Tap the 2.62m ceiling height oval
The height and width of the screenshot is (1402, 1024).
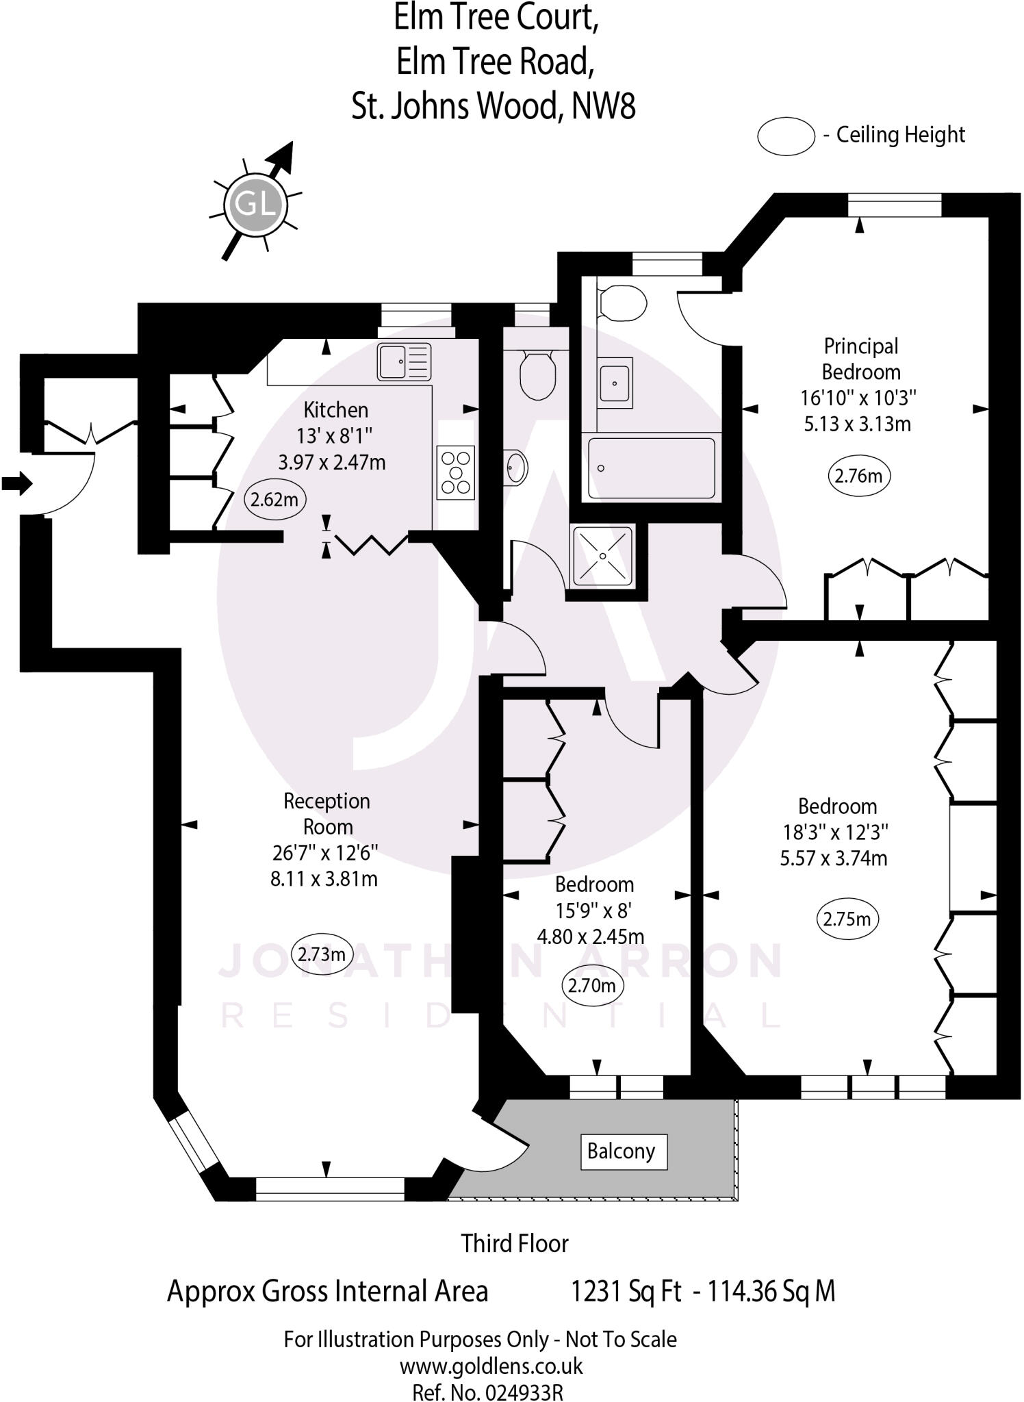[x=274, y=499]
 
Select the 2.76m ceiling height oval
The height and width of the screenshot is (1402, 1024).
[x=859, y=475]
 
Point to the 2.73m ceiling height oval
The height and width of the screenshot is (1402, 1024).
[x=321, y=954]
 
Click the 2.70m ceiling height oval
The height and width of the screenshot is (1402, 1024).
[x=592, y=985]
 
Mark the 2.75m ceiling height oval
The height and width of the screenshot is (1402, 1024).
[x=847, y=919]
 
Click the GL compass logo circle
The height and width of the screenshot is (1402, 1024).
[x=254, y=204]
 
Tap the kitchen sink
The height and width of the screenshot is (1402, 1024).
[x=404, y=362]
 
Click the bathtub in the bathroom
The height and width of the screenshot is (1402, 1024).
[x=651, y=468]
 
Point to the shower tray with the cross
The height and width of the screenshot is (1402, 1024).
[x=602, y=556]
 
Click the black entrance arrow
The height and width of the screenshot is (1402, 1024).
[x=17, y=483]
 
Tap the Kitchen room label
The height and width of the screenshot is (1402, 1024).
[x=335, y=410]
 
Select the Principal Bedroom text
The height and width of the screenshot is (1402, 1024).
[x=860, y=359]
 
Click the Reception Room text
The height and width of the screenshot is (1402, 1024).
[x=327, y=813]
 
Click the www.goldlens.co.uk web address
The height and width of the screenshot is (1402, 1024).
[x=491, y=1366]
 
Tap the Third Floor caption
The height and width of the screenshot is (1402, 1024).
[x=514, y=1243]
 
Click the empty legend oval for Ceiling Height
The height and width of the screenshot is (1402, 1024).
[x=785, y=136]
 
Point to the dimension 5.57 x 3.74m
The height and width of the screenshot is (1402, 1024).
[x=833, y=858]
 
